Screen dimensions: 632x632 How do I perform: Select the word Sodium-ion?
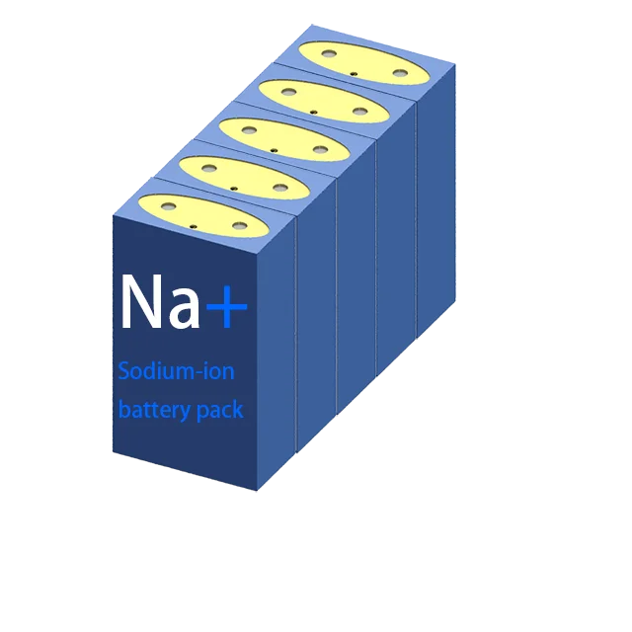tap(176, 373)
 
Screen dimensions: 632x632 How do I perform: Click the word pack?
tap(220, 410)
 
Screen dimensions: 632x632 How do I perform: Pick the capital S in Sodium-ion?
tap(124, 373)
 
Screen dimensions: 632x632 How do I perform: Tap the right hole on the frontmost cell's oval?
tap(240, 226)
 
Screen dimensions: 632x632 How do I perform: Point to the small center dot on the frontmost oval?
tap(194, 225)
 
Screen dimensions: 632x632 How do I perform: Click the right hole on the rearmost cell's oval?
tap(399, 71)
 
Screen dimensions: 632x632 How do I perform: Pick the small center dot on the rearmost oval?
tap(354, 72)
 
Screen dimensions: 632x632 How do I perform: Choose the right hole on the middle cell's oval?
tap(320, 149)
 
